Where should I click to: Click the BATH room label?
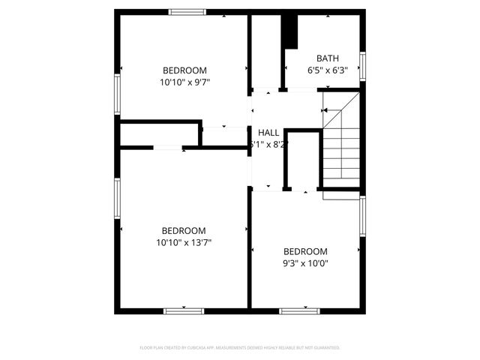point(327,58)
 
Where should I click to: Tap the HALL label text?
point(268,133)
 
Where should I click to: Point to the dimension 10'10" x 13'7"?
point(184,242)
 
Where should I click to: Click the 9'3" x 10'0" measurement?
point(305,263)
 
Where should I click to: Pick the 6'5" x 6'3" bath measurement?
point(327,70)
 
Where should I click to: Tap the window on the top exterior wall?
point(187,12)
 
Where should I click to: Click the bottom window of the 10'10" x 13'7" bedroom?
point(184,310)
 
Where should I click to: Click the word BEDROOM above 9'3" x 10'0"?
point(305,251)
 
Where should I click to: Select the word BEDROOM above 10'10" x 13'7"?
point(184,230)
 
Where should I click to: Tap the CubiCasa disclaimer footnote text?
point(240,348)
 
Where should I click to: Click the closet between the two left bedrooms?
point(159,133)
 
